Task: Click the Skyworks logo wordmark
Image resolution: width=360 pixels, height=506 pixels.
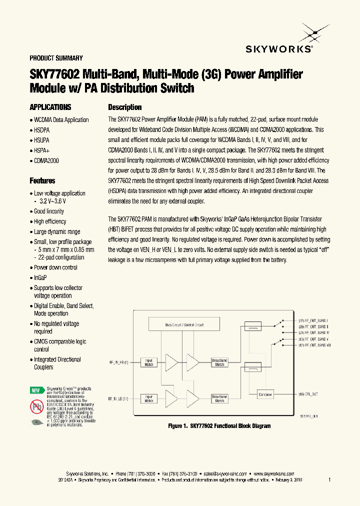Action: click(x=279, y=48)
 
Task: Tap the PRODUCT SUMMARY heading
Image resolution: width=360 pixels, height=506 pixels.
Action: click(x=56, y=58)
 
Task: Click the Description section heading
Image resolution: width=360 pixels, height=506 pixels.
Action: click(x=125, y=107)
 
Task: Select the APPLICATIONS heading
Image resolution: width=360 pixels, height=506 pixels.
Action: click(x=50, y=107)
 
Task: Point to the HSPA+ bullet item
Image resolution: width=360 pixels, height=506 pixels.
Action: click(x=41, y=150)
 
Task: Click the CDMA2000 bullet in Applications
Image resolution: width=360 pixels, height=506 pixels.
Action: click(x=46, y=160)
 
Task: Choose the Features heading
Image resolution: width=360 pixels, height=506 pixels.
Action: click(x=42, y=181)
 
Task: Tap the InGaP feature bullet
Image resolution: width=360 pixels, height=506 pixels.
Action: click(x=40, y=277)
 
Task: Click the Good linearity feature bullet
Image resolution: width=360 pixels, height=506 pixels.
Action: click(x=48, y=211)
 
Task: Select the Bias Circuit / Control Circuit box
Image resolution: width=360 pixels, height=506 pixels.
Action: click(x=184, y=324)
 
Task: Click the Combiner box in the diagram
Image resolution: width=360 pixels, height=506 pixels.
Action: click(x=265, y=394)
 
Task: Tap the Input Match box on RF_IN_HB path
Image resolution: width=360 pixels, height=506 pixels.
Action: click(x=149, y=362)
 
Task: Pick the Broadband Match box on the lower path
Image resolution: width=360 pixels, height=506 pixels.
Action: click(x=219, y=398)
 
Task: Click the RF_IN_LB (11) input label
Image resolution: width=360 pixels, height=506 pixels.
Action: click(x=118, y=398)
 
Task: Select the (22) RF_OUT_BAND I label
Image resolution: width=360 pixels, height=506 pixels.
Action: click(x=313, y=320)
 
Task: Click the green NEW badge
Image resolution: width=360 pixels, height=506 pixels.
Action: click(x=35, y=390)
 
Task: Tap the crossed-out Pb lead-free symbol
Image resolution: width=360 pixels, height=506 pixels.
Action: click(x=36, y=406)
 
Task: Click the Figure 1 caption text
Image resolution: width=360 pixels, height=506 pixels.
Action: click(x=219, y=426)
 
